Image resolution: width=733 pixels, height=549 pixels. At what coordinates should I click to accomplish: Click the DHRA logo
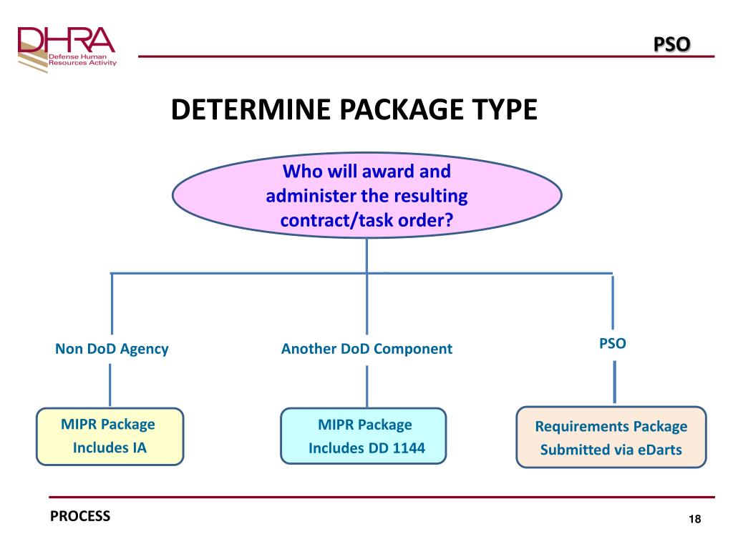66,49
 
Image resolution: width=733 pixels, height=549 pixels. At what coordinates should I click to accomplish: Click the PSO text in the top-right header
672,44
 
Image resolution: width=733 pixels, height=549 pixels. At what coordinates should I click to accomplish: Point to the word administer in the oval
315,196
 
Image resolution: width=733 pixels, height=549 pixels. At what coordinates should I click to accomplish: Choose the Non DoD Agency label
112,349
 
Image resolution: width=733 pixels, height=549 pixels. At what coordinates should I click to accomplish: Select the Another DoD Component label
366,349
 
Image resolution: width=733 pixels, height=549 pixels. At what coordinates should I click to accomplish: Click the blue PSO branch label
612,343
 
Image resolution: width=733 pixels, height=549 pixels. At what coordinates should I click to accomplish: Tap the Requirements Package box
611,437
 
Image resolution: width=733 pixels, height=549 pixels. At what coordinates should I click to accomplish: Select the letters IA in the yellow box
140,449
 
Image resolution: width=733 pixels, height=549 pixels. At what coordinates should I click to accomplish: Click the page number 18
694,519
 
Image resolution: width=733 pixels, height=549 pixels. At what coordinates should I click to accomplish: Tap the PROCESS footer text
80,515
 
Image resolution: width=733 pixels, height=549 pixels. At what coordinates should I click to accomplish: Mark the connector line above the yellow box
110,385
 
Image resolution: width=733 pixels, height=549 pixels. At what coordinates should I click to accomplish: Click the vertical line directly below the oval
366,254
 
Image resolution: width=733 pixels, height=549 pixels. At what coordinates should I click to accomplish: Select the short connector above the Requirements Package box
613,382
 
